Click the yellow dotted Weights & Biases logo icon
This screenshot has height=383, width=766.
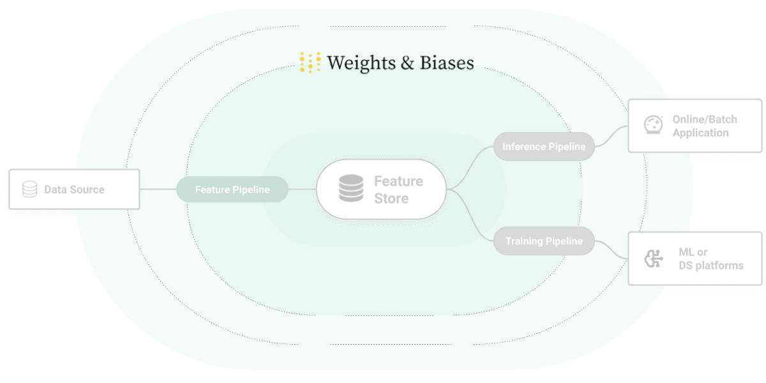tap(310, 63)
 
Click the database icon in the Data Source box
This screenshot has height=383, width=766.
tap(29, 190)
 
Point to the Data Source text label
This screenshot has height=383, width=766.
tap(74, 190)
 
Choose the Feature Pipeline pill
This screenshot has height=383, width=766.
tap(232, 190)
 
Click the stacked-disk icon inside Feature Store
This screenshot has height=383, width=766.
tap(351, 190)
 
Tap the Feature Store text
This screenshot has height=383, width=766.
tap(398, 190)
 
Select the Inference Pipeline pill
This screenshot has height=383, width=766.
tap(544, 147)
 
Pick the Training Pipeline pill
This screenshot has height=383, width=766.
tap(544, 241)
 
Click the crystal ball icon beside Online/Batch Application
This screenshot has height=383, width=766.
tap(652, 125)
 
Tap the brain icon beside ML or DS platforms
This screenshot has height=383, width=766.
tap(652, 259)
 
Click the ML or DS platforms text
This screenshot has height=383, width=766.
tap(710, 259)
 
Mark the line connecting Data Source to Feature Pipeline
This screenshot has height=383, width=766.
tap(158, 190)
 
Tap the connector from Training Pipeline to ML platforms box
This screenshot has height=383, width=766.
tap(612, 250)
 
